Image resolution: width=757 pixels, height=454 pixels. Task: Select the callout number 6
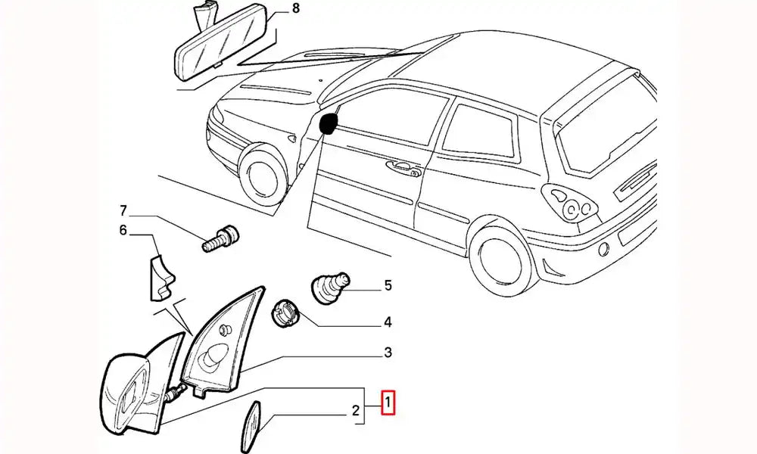click(122, 230)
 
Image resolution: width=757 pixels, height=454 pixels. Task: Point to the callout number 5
click(388, 285)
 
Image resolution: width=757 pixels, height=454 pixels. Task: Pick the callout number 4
click(387, 322)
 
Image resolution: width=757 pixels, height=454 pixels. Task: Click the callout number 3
click(387, 353)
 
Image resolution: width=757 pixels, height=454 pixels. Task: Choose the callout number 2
click(354, 412)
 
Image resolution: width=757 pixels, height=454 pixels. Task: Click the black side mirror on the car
click(329, 123)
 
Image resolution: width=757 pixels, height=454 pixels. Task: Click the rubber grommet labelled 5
click(330, 288)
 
